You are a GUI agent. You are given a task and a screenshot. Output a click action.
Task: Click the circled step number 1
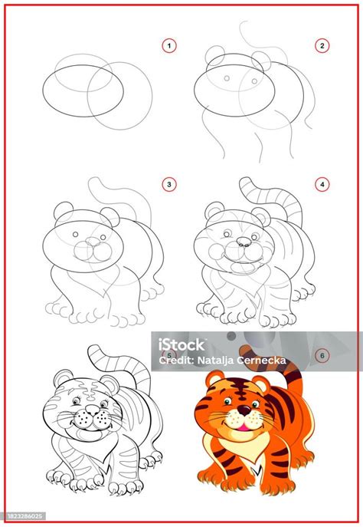pyautogui.click(x=168, y=46)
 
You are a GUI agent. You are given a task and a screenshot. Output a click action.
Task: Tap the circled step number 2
pyautogui.click(x=322, y=46)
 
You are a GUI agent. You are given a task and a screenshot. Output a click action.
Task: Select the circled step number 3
pyautogui.click(x=168, y=184)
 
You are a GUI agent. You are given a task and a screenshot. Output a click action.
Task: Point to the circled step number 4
pyautogui.click(x=322, y=184)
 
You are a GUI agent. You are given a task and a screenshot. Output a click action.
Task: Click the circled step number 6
pyautogui.click(x=322, y=356)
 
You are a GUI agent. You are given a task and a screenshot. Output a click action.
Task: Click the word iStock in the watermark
pyautogui.click(x=181, y=345)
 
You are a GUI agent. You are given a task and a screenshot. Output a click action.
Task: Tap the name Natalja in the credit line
pyautogui.click(x=215, y=361)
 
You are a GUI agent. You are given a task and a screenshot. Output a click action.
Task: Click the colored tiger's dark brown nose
pyautogui.click(x=244, y=410)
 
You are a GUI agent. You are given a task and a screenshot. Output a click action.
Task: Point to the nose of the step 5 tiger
pyautogui.click(x=92, y=409)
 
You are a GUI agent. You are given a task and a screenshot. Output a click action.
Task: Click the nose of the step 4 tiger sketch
pyautogui.click(x=244, y=242)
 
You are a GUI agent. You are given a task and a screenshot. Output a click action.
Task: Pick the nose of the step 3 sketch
pyautogui.click(x=93, y=242)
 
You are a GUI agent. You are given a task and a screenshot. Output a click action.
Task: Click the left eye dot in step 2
pyautogui.click(x=227, y=78)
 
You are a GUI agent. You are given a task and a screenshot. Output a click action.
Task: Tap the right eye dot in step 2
pyautogui.click(x=254, y=81)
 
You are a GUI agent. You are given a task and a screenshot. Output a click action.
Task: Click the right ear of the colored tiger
pyautogui.click(x=261, y=384)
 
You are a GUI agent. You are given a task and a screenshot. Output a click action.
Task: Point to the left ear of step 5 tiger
pyautogui.click(x=63, y=378)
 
